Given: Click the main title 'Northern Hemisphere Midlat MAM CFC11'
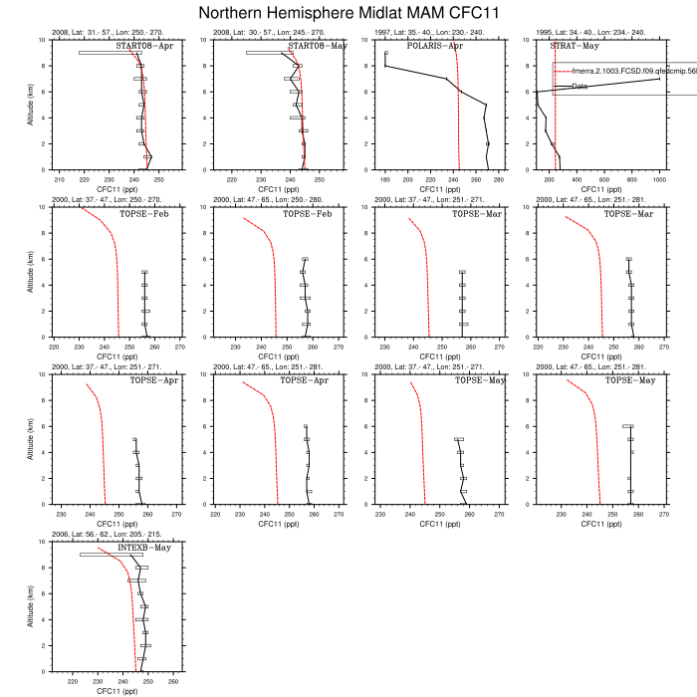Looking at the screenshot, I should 348,13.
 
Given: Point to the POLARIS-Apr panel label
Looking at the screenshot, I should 436,46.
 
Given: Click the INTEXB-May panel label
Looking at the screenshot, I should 144,548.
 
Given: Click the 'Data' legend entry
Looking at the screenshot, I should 581,87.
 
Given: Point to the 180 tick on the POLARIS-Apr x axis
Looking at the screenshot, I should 385,180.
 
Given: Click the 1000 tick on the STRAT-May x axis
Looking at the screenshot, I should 659,180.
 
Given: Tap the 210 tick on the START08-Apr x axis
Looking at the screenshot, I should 59,180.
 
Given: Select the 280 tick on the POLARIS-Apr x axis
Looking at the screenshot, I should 499,180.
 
